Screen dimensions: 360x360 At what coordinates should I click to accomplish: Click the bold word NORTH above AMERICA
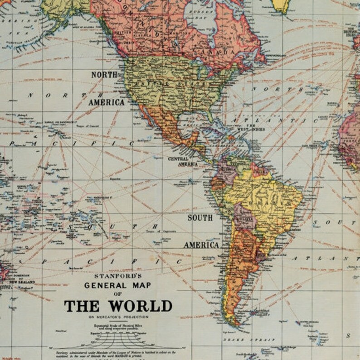pos(104,75)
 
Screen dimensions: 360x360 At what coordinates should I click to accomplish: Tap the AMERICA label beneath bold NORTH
pos(106,102)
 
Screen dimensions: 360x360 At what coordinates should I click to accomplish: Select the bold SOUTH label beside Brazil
pos(200,218)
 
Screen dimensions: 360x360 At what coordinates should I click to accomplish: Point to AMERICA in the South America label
pos(201,245)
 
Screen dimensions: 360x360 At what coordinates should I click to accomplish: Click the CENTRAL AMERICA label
pos(183,162)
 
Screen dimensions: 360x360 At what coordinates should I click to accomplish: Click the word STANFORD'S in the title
pos(118,275)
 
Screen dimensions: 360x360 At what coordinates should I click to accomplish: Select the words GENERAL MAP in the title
pos(118,285)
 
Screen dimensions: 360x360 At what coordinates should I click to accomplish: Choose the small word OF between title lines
pos(118,293)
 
